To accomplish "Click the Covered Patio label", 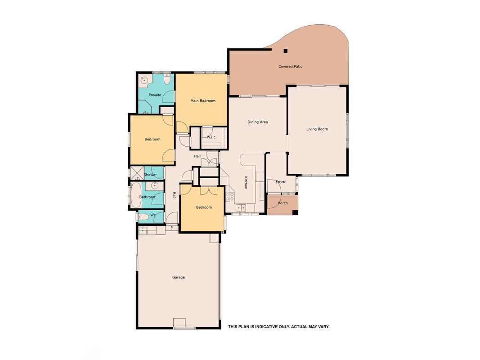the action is pyautogui.click(x=290, y=66).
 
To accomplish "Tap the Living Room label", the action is pyautogui.click(x=317, y=129).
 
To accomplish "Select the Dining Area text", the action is pyautogui.click(x=257, y=122).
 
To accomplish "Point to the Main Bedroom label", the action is pyautogui.click(x=202, y=101).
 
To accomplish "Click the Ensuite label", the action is pyautogui.click(x=155, y=95).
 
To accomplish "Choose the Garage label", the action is pyautogui.click(x=178, y=277).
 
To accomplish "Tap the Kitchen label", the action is pyautogui.click(x=246, y=182).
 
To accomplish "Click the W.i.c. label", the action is pyautogui.click(x=211, y=137).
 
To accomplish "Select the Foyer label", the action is pyautogui.click(x=281, y=181).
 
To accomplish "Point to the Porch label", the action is pyautogui.click(x=283, y=203).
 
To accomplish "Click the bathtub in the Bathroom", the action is pyautogui.click(x=135, y=195).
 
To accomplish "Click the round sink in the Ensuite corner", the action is pyautogui.click(x=144, y=80).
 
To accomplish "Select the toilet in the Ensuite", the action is pyautogui.click(x=166, y=79).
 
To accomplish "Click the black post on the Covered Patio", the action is pyautogui.click(x=286, y=51).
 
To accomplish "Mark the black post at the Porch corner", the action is pyautogui.click(x=295, y=212).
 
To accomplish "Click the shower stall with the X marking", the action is pyautogui.click(x=138, y=173).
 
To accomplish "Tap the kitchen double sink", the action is pyautogui.click(x=241, y=208).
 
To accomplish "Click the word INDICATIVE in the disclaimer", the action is pyautogui.click(x=266, y=327).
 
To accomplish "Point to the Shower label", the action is pyautogui.click(x=150, y=175).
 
